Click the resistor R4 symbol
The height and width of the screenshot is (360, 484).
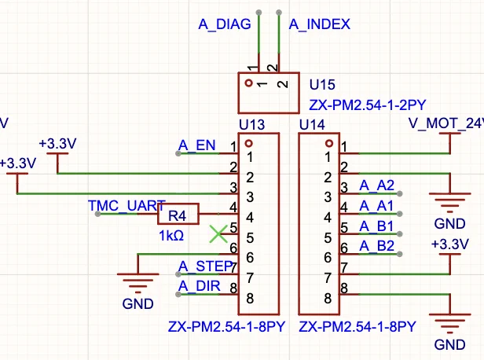pos(178,214)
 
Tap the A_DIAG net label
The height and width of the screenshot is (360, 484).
pos(225,24)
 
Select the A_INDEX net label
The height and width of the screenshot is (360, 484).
pos(320,24)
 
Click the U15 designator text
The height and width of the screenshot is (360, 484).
pos(322,85)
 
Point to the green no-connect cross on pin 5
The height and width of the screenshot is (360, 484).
pos(218,233)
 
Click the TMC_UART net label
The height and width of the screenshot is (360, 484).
pos(126,206)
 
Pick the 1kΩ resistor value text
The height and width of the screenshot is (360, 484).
pos(171,236)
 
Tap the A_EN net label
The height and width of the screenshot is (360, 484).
pos(197,145)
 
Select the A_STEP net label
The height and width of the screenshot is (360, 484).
pos(205,266)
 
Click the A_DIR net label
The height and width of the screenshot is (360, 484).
pos(200,286)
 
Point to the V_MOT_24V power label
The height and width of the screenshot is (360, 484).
pos(446,123)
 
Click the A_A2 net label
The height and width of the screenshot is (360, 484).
pos(376,186)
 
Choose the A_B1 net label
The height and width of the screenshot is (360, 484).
pos(376,226)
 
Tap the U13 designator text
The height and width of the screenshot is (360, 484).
pos(252,125)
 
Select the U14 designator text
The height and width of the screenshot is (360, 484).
pos(312,125)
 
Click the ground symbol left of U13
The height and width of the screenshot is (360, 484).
pos(138,282)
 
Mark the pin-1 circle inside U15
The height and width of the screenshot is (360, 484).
pos(248,83)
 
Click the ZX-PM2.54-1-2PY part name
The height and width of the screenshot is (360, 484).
pos(368,105)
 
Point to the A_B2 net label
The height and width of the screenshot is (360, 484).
pos(376,246)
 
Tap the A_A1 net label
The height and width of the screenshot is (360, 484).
pos(376,206)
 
